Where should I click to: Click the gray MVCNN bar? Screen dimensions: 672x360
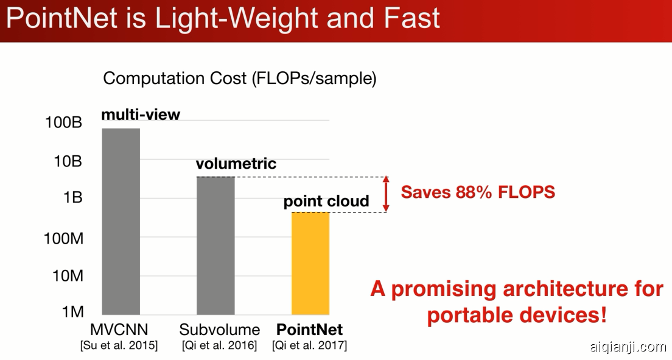pos(121,221)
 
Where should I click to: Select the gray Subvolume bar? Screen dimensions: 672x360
pos(215,245)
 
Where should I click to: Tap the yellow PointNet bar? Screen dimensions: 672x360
pos(310,264)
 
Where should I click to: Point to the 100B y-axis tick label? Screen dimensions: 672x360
pos(63,122)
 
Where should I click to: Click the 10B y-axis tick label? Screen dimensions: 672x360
pos(68,161)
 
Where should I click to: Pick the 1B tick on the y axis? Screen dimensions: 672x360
pos(72,197)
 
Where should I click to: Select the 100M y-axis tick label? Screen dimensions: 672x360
pos(63,238)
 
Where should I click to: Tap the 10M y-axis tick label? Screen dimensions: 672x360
pos(68,275)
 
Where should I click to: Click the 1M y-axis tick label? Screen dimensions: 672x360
pos(72,312)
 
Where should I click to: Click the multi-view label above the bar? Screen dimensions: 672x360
pos(141,115)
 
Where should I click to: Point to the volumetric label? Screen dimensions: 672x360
pos(236,163)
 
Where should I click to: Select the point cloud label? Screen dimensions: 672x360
pos(326,201)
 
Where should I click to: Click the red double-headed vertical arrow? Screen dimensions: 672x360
pos(386,194)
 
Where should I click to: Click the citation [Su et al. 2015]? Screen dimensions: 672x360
pos(119,345)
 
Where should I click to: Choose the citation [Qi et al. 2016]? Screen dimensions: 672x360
pos(219,345)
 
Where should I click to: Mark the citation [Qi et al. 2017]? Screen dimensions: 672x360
pos(309,345)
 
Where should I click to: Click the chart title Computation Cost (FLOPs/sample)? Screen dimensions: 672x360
pos(240,79)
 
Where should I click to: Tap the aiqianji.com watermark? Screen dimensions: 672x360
pos(628,347)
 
